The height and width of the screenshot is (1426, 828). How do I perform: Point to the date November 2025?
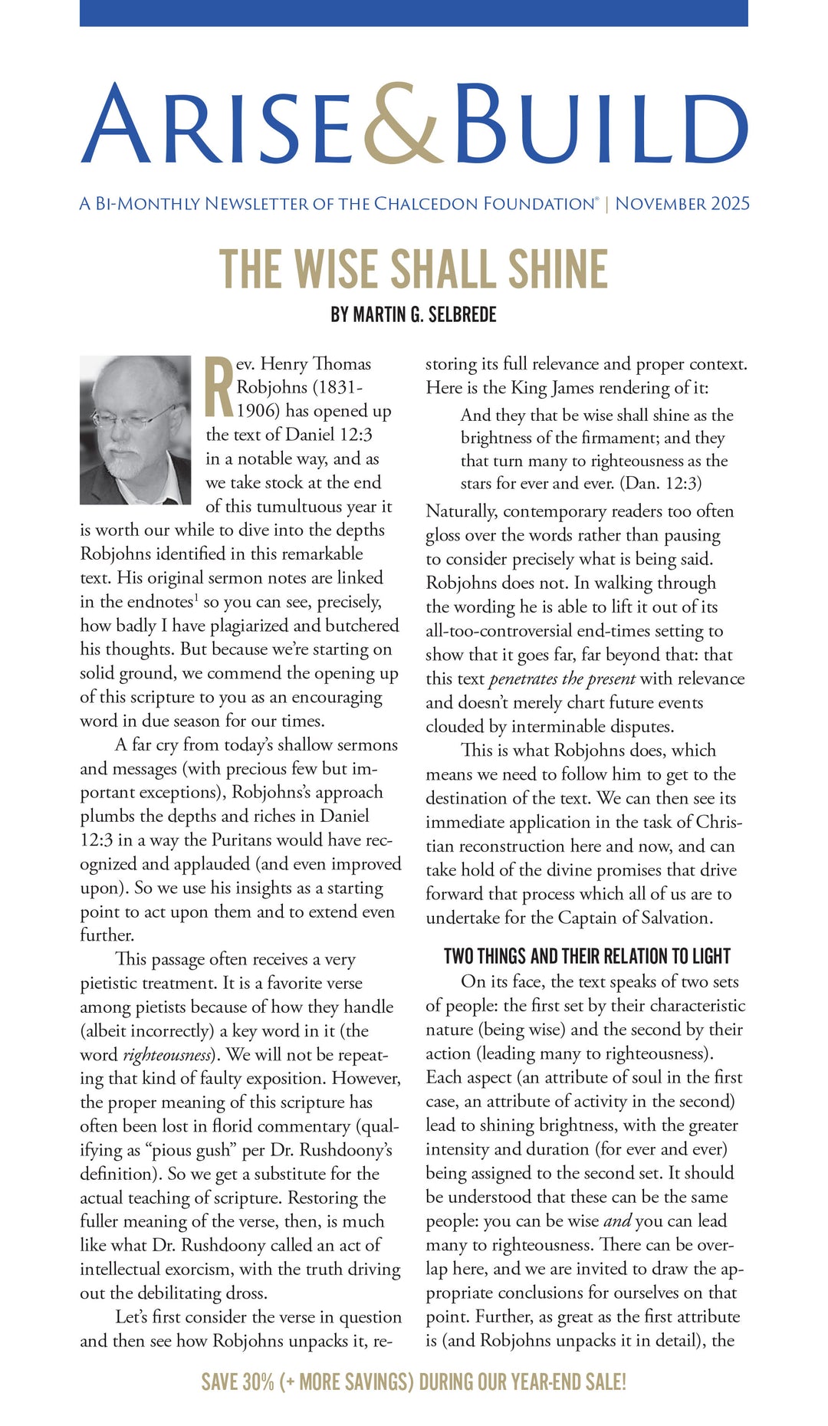(682, 204)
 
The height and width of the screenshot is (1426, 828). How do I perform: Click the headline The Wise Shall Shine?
(414, 269)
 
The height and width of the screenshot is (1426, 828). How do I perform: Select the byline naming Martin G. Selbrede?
(414, 314)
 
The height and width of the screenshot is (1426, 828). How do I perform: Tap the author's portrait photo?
(135, 429)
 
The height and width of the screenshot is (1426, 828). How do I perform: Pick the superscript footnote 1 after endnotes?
(197, 598)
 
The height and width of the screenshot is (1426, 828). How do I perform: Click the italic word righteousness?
(166, 1056)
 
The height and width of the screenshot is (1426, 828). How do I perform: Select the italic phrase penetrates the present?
(562, 679)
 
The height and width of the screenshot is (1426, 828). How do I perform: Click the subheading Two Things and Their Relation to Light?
(586, 956)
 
